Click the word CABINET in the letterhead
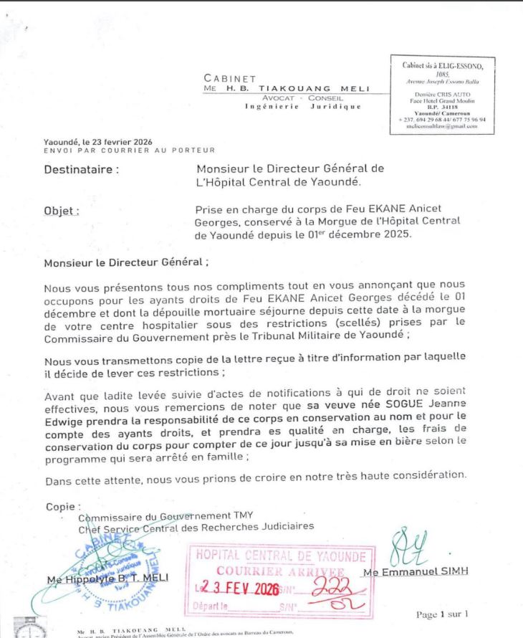pos(229,79)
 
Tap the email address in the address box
pos(442,125)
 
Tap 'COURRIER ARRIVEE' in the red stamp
pos(282,571)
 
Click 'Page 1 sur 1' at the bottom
pos(441,614)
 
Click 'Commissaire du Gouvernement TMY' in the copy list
pos(165,516)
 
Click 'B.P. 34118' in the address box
pos(441,106)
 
